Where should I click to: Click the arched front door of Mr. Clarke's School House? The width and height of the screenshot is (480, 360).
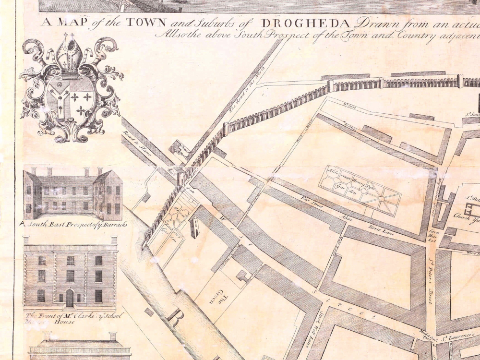tap(70, 299)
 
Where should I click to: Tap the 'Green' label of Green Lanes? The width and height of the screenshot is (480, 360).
tap(349, 107)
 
